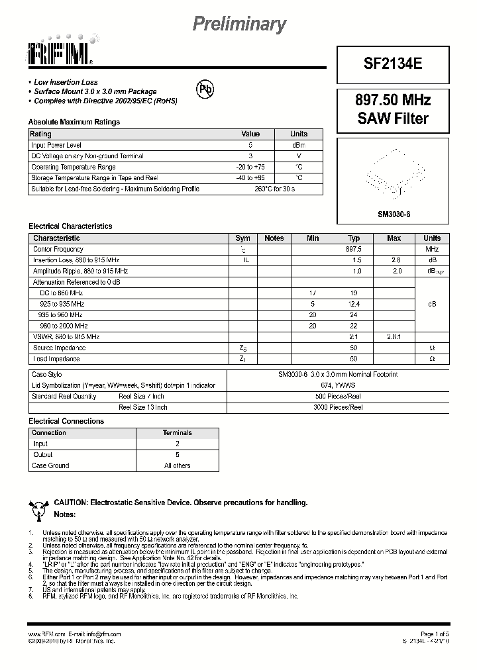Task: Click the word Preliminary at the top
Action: [x=239, y=24]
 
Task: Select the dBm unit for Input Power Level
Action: [x=299, y=145]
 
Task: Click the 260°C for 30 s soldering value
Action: [x=274, y=189]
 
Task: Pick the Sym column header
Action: [x=242, y=238]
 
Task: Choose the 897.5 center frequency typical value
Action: [x=354, y=249]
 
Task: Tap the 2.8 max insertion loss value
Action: [x=396, y=260]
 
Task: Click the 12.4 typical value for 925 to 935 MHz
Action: [x=354, y=304]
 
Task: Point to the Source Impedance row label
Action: [x=60, y=348]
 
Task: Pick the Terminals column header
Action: [x=178, y=433]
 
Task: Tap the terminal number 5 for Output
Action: [x=178, y=455]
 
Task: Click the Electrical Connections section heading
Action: [x=66, y=421]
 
